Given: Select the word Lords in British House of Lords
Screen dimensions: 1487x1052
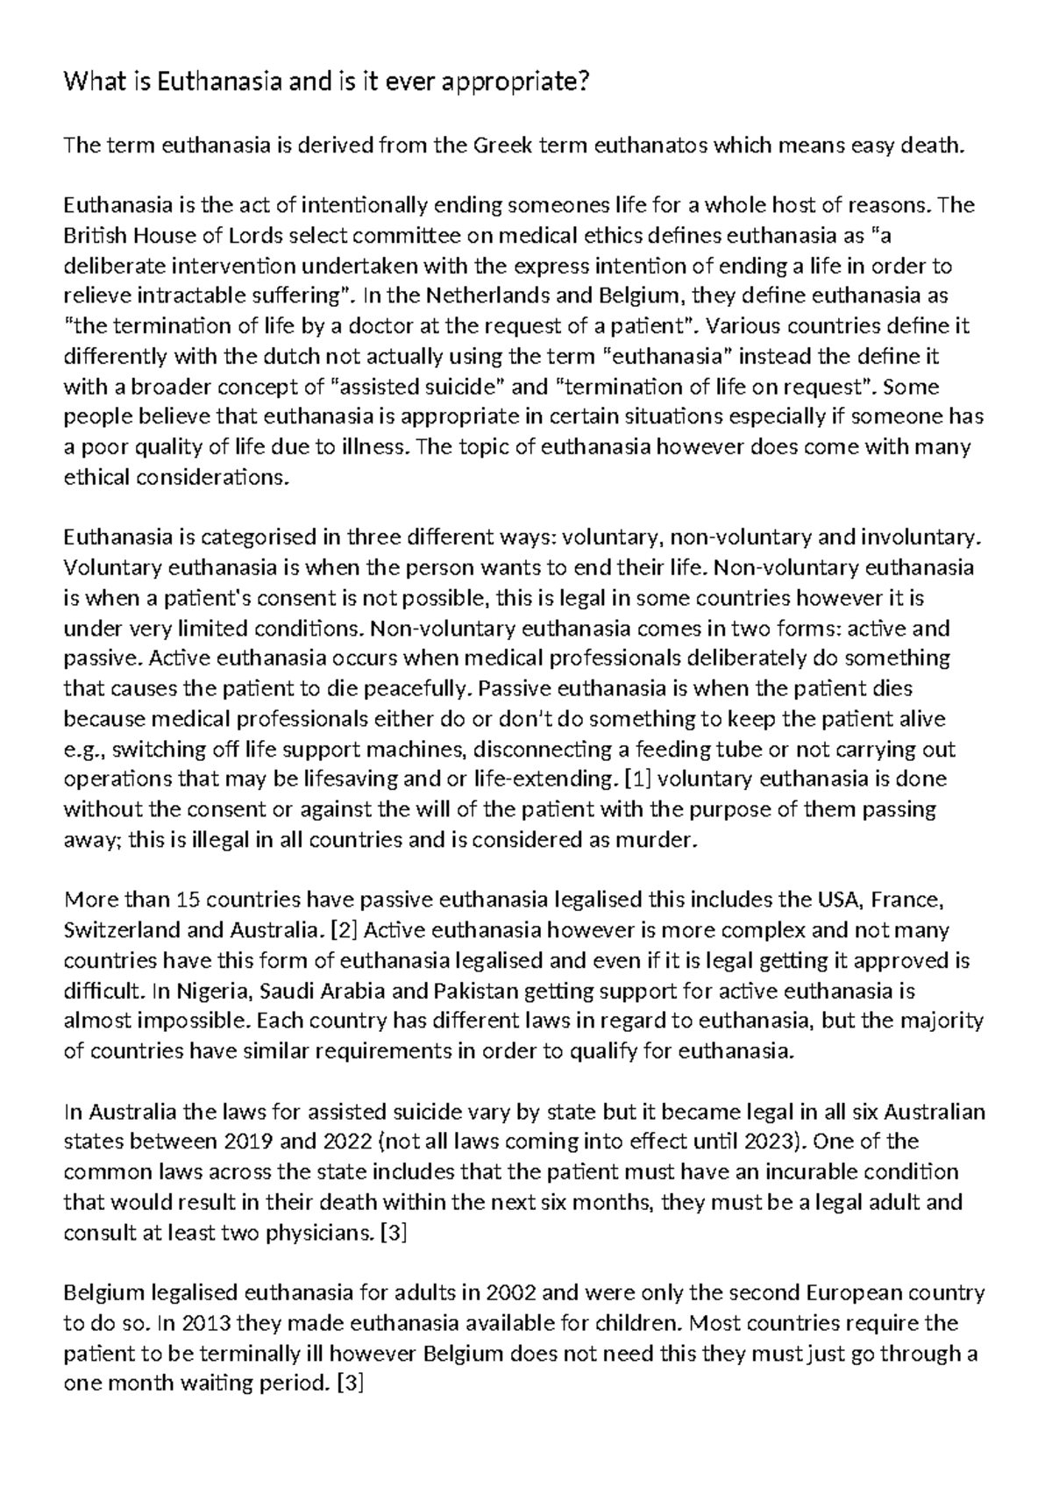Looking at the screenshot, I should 231,236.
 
